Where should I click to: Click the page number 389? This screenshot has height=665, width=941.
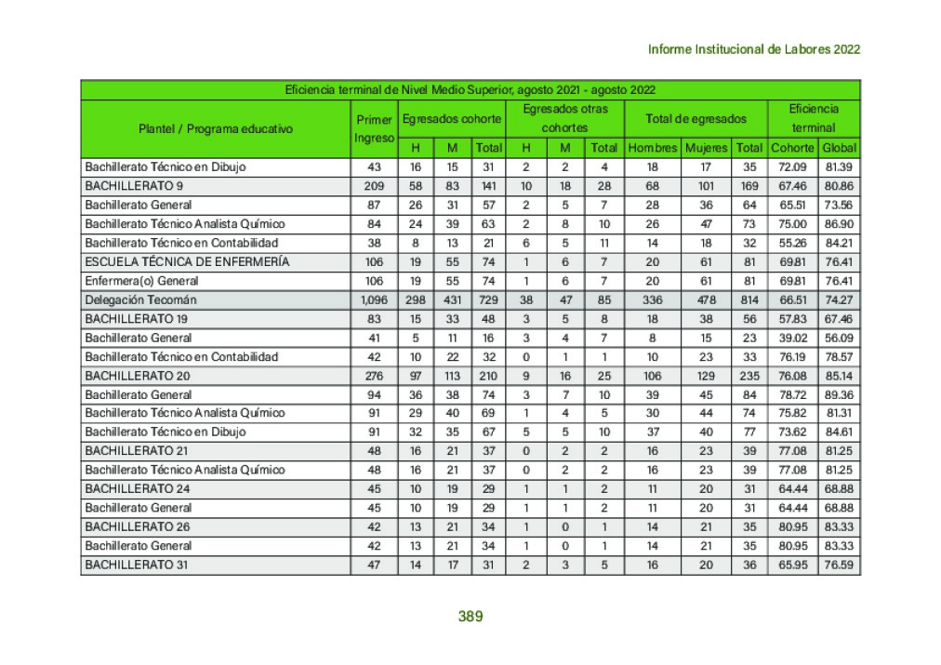pyautogui.click(x=470, y=616)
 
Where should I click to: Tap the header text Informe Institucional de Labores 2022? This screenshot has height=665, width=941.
pyautogui.click(x=753, y=49)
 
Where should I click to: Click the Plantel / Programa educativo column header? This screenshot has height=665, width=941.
pyautogui.click(x=215, y=128)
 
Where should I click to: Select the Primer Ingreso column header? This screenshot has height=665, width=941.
pyautogui.click(x=374, y=128)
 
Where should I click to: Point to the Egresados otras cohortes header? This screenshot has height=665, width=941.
pyautogui.click(x=564, y=118)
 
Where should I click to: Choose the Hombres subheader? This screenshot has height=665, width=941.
pyautogui.click(x=652, y=148)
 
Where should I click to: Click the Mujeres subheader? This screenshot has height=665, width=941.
pyautogui.click(x=707, y=148)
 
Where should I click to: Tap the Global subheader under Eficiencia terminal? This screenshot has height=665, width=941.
pyautogui.click(x=839, y=148)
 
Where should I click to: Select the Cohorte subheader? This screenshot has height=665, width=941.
pyautogui.click(x=792, y=148)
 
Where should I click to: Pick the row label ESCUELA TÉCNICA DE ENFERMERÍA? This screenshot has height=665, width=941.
pyautogui.click(x=186, y=261)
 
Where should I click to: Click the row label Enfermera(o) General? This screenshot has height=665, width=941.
pyautogui.click(x=141, y=281)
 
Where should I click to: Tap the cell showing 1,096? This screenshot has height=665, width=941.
pyautogui.click(x=374, y=299)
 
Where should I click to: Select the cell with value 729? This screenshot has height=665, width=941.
pyautogui.click(x=487, y=299)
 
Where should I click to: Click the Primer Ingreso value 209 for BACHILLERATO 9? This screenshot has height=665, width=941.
pyautogui.click(x=374, y=186)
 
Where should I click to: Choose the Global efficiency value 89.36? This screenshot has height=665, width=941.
pyautogui.click(x=839, y=394)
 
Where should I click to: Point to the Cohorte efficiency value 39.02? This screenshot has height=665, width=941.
pyautogui.click(x=792, y=338)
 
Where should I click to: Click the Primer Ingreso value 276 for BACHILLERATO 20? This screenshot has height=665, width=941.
pyautogui.click(x=374, y=376)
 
